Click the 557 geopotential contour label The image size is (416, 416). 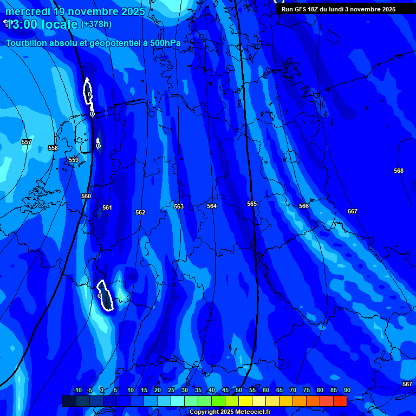click(27, 142)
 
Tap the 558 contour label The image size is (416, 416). click(53, 148)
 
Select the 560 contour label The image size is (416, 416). click(86, 196)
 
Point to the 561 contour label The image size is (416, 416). click(107, 207)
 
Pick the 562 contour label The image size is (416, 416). click(140, 212)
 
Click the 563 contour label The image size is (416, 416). click(179, 206)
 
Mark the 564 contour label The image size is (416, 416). click(212, 206)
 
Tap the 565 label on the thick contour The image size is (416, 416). click(252, 204)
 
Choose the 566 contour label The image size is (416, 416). click(304, 206)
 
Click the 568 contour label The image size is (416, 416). click(399, 171)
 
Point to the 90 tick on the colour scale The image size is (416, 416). click(347, 390)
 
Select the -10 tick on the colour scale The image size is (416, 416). click(77, 390)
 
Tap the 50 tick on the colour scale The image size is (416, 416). click(239, 390)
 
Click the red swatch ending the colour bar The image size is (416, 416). click(340, 401)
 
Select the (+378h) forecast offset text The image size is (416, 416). click(96, 24)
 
